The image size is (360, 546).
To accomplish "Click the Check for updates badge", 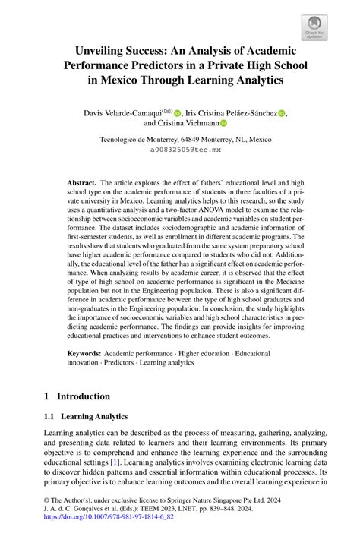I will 314,28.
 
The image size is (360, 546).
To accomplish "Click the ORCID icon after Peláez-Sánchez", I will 283,114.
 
